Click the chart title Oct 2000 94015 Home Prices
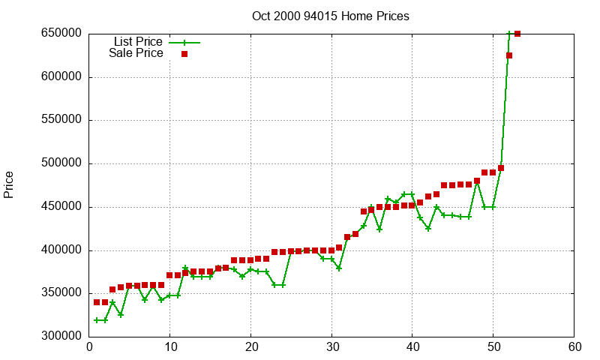331,16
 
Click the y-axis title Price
9,184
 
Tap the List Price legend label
138,41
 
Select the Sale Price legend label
136,53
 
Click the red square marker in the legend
184,54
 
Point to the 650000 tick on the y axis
61,34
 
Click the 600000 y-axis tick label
61,77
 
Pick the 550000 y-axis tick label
61,120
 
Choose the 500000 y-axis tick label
61,163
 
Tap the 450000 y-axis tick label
61,207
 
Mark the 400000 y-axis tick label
61,250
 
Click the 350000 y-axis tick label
61,293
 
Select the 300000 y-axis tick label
61,337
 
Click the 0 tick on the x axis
89,347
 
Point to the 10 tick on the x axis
170,347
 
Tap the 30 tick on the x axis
331,347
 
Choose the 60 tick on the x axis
574,347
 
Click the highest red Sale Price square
517,34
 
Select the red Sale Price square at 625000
509,55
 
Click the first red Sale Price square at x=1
97,302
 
